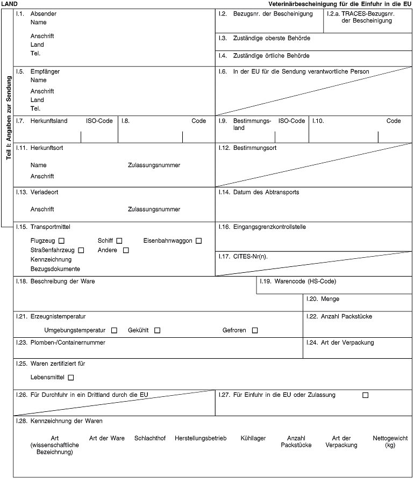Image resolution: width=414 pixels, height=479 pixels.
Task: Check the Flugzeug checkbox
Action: click(x=62, y=240)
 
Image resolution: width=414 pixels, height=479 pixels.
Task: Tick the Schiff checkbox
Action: click(x=119, y=240)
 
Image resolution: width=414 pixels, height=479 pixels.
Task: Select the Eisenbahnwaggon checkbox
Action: click(x=198, y=240)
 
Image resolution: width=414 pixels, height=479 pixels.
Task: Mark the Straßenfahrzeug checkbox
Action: click(x=81, y=250)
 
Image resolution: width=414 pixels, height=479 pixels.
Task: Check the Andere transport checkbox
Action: click(x=126, y=250)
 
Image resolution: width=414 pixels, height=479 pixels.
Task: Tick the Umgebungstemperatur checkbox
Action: click(x=114, y=330)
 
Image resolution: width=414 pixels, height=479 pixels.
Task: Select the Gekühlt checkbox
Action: click(x=157, y=330)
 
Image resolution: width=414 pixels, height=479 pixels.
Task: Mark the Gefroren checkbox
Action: click(x=254, y=330)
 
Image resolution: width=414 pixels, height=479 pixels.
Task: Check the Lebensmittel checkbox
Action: click(x=71, y=378)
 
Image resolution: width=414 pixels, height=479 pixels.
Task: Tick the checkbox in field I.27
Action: click(x=366, y=395)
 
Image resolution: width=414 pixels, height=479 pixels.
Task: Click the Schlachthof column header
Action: click(x=150, y=438)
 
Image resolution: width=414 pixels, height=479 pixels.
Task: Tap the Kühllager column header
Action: click(x=253, y=438)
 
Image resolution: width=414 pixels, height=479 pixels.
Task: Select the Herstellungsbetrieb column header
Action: click(x=201, y=438)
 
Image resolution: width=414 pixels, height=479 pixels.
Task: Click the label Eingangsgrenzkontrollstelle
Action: click(x=269, y=227)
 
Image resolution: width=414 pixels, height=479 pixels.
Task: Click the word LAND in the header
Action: click(x=9, y=4)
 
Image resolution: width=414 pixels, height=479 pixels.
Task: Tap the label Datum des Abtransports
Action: click(x=266, y=192)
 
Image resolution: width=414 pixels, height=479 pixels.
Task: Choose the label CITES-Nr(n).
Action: click(x=251, y=256)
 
